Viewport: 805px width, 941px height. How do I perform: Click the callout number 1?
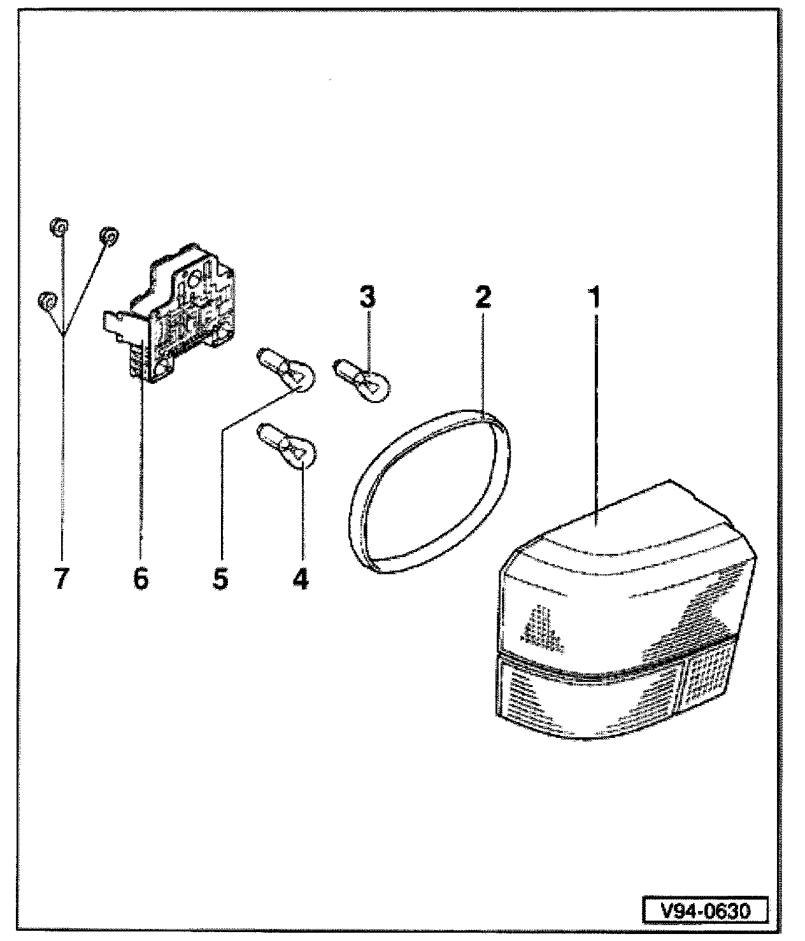point(595,297)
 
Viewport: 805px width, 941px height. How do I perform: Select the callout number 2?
point(482,297)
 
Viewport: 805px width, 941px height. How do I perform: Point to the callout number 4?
point(301,579)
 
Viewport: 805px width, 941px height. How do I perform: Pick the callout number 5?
point(220,579)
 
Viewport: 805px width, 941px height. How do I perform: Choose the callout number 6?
point(140,579)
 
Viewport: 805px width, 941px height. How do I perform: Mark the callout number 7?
point(61,579)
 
